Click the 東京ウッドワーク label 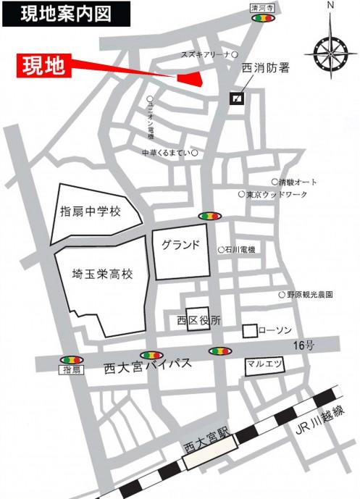(277, 195)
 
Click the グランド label (180, 244)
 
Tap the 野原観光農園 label (309, 295)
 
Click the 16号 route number (305, 346)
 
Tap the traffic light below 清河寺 (261, 20)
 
